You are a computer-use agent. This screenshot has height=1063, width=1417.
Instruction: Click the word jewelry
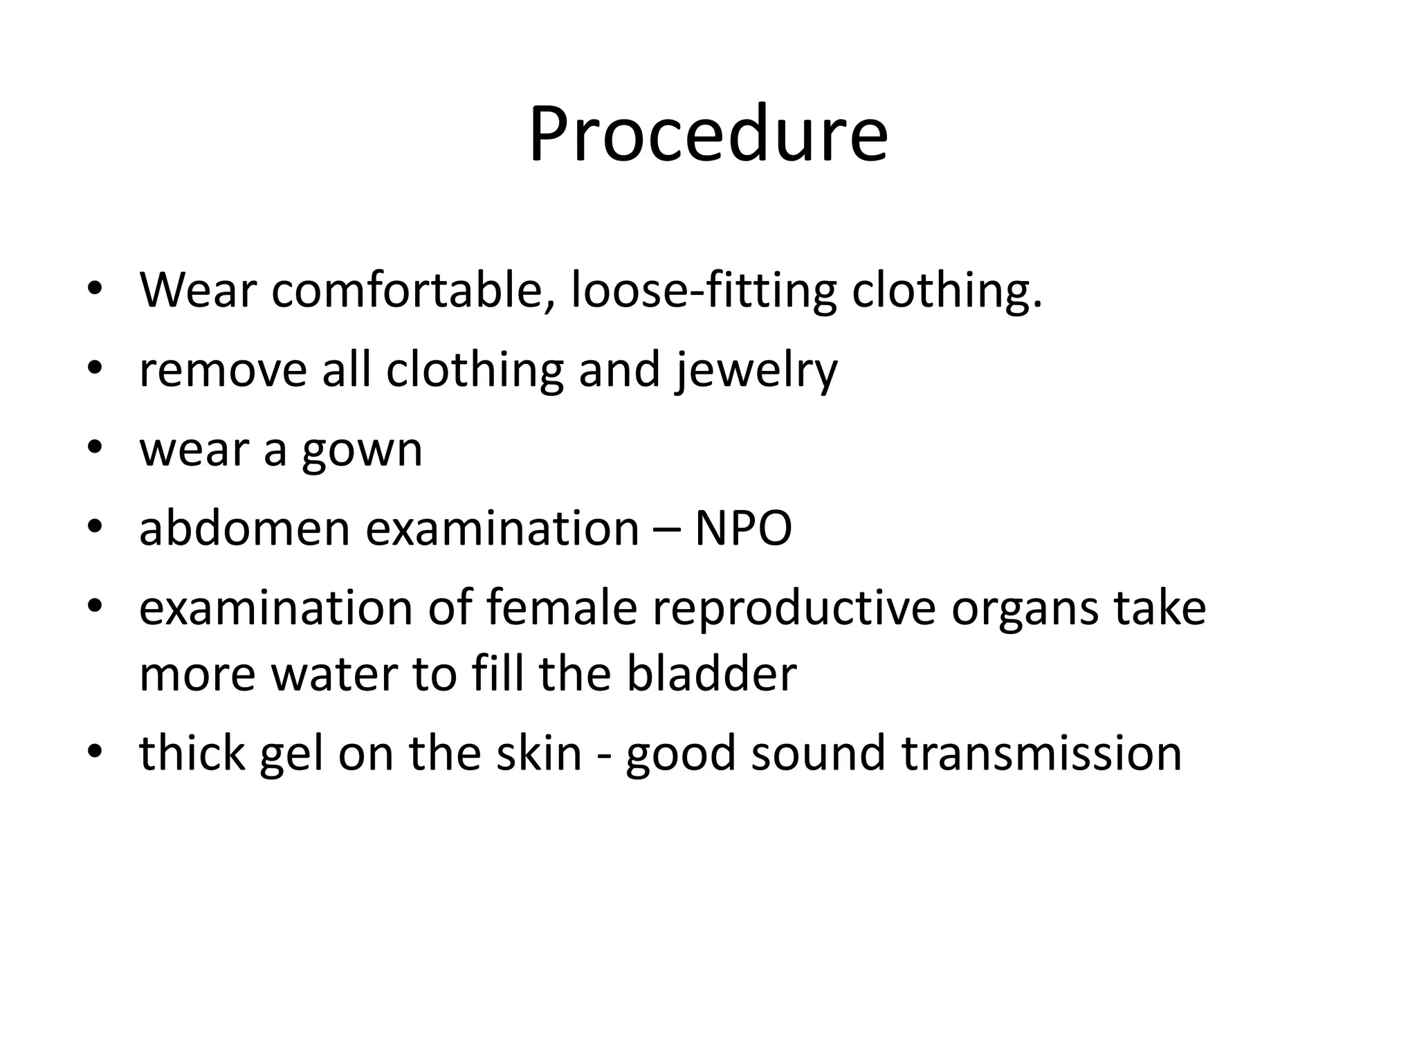pos(756,370)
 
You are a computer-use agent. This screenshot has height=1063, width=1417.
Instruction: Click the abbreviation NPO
pos(743,529)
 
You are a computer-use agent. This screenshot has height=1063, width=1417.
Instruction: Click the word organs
pos(1025,609)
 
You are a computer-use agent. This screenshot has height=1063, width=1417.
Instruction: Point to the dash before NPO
pos(666,530)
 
